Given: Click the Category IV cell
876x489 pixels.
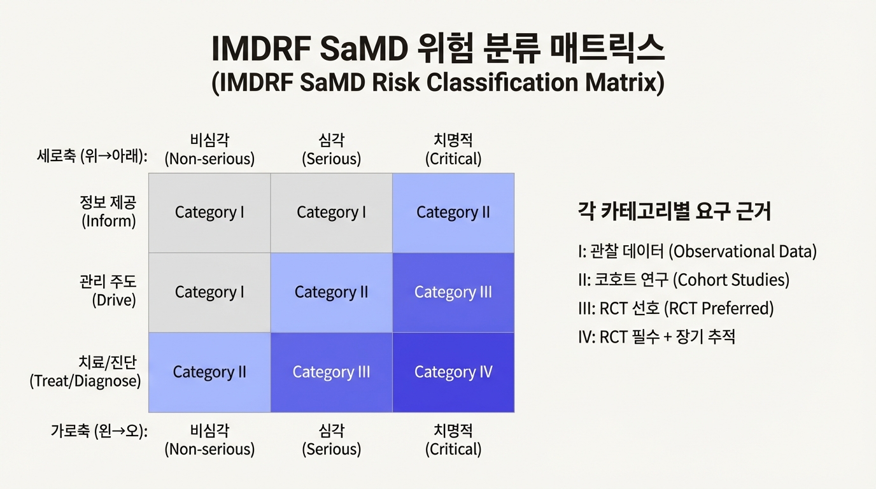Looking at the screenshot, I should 453,372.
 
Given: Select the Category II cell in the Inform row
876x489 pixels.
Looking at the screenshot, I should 453,212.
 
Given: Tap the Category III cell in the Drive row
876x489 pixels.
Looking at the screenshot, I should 453,292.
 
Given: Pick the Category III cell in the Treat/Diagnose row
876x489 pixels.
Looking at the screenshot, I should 331,372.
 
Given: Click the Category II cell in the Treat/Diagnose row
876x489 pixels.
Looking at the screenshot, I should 209,372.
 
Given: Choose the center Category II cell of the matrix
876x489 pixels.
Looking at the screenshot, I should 331,292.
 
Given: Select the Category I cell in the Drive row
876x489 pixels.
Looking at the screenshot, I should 209,292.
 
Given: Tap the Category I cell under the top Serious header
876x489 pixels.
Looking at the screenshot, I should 331,212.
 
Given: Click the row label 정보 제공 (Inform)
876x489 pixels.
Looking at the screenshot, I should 108,211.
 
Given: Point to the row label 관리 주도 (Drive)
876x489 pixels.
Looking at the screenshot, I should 108,290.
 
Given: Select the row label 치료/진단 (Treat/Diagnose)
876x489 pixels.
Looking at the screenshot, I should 86,372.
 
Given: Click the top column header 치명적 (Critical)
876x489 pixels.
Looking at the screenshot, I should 453,150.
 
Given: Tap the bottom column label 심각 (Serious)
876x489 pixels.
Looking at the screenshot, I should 331,440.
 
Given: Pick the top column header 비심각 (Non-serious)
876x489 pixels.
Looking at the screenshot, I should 209,150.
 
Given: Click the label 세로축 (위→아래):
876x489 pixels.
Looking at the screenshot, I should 92,156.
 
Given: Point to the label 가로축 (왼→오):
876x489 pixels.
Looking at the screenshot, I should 99,431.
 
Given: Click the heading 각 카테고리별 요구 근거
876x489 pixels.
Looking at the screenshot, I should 674,211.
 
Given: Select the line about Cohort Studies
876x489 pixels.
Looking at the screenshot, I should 684,280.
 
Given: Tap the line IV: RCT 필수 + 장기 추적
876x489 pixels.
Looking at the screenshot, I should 656,336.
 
